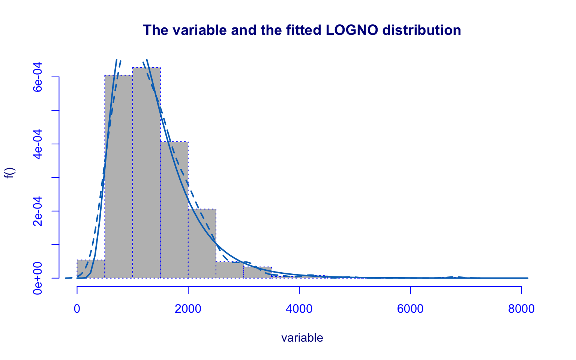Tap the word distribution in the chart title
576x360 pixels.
[421, 30]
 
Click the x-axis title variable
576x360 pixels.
[302, 338]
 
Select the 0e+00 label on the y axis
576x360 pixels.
[37, 278]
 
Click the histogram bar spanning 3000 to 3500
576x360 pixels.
[257, 273]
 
